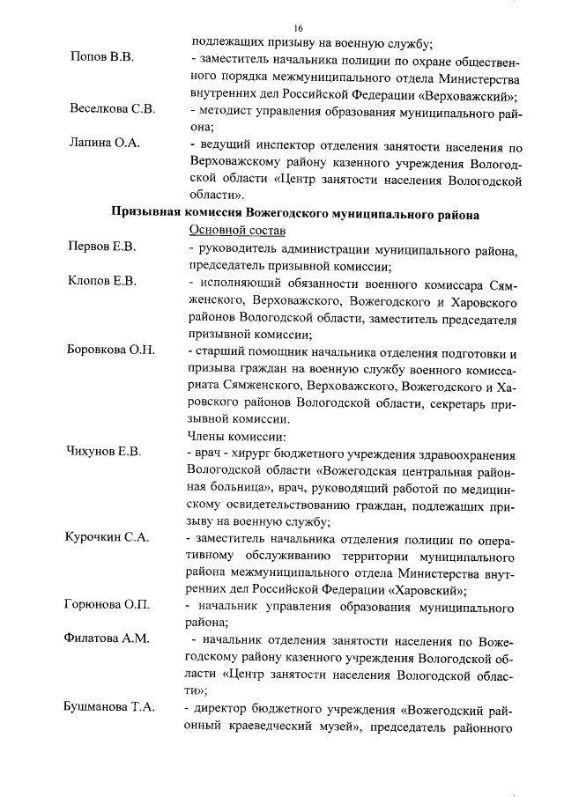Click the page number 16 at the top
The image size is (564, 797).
[299, 28]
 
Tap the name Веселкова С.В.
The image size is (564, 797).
[112, 111]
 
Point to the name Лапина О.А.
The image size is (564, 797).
[105, 144]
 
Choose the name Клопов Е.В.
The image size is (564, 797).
[102, 283]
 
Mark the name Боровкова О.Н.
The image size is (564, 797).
[112, 351]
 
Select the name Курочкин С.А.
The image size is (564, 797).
[108, 536]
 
